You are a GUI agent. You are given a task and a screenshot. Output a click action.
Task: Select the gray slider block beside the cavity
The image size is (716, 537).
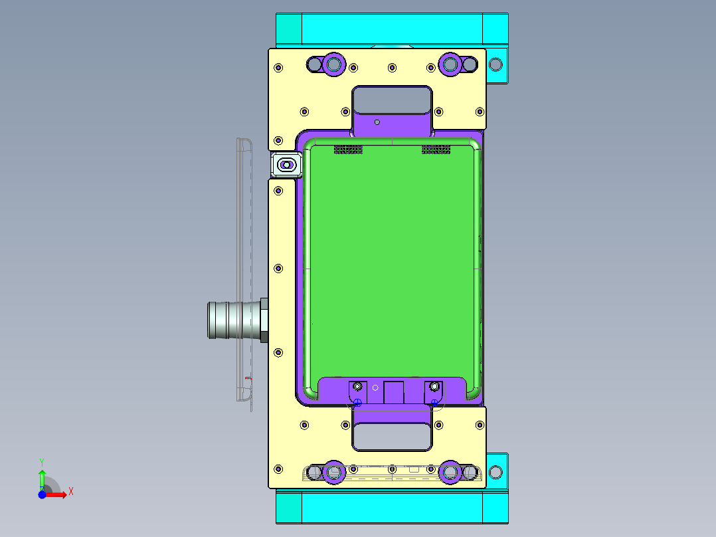pyautogui.click(x=286, y=164)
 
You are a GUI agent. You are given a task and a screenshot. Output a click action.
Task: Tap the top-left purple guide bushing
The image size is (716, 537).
pyautogui.click(x=333, y=64)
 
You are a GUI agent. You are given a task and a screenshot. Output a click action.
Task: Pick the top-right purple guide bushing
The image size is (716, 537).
pyautogui.click(x=450, y=64)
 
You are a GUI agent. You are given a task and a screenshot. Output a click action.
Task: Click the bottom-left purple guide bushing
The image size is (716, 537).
pyautogui.click(x=333, y=472)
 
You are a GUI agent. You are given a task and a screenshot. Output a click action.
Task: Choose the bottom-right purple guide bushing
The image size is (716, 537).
pyautogui.click(x=450, y=472)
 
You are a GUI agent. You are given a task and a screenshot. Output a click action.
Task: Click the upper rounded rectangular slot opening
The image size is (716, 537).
pyautogui.click(x=392, y=100)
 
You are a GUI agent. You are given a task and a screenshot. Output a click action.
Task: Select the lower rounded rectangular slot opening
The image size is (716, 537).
pyautogui.click(x=392, y=437)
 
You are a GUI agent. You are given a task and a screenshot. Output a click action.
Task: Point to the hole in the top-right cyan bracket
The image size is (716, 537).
pyautogui.click(x=495, y=64)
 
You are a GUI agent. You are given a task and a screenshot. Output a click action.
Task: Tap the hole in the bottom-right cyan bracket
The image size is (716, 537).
pyautogui.click(x=495, y=472)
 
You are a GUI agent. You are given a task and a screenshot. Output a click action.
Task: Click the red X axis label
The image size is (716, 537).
pyautogui.click(x=71, y=492)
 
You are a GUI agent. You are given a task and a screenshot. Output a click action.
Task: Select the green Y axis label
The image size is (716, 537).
pyautogui.click(x=41, y=461)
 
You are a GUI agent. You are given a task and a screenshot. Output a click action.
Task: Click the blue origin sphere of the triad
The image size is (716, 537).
pyautogui.click(x=42, y=494)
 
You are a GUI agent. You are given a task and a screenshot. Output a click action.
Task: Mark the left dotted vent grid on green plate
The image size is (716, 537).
pyautogui.click(x=348, y=150)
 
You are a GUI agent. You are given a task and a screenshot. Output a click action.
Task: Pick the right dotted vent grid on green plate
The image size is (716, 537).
pyautogui.click(x=436, y=150)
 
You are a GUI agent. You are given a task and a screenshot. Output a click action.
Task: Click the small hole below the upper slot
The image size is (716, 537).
pyautogui.click(x=377, y=122)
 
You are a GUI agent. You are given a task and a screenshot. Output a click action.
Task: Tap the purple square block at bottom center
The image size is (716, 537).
pyautogui.click(x=394, y=392)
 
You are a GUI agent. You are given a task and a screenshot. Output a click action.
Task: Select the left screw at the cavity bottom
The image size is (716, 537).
pyautogui.click(x=358, y=386)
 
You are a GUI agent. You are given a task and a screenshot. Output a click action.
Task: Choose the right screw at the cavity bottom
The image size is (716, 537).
pyautogui.click(x=434, y=386)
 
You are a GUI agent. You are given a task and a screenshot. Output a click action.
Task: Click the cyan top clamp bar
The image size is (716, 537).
pyautogui.click(x=392, y=29)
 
